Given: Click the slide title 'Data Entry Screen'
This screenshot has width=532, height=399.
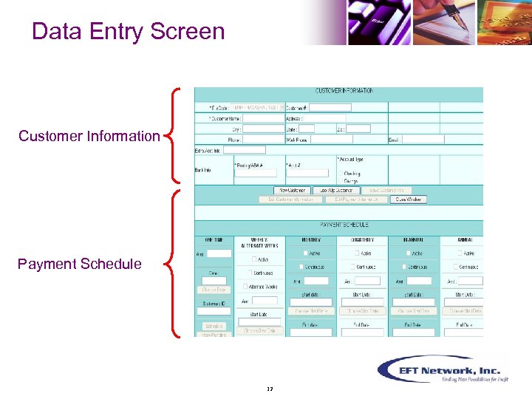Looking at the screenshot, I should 129,32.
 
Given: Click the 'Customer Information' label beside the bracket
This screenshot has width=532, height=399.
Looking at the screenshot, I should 89,136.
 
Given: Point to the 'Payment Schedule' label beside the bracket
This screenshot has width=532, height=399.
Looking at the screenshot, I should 80,264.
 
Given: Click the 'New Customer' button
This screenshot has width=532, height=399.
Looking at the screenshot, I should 293,190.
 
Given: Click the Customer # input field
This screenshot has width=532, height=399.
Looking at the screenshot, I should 330,107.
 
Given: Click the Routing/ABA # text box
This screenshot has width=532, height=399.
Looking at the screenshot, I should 256,173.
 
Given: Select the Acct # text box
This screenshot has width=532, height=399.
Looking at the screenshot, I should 307,173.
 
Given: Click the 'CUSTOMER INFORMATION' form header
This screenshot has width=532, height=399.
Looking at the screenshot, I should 344,91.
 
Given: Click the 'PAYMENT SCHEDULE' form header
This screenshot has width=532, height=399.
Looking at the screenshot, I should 344,225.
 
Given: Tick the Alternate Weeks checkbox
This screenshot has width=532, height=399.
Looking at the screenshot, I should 248,286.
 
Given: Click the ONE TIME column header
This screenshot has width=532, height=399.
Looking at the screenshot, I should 214,240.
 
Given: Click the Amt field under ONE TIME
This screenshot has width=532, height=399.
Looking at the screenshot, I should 219,253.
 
